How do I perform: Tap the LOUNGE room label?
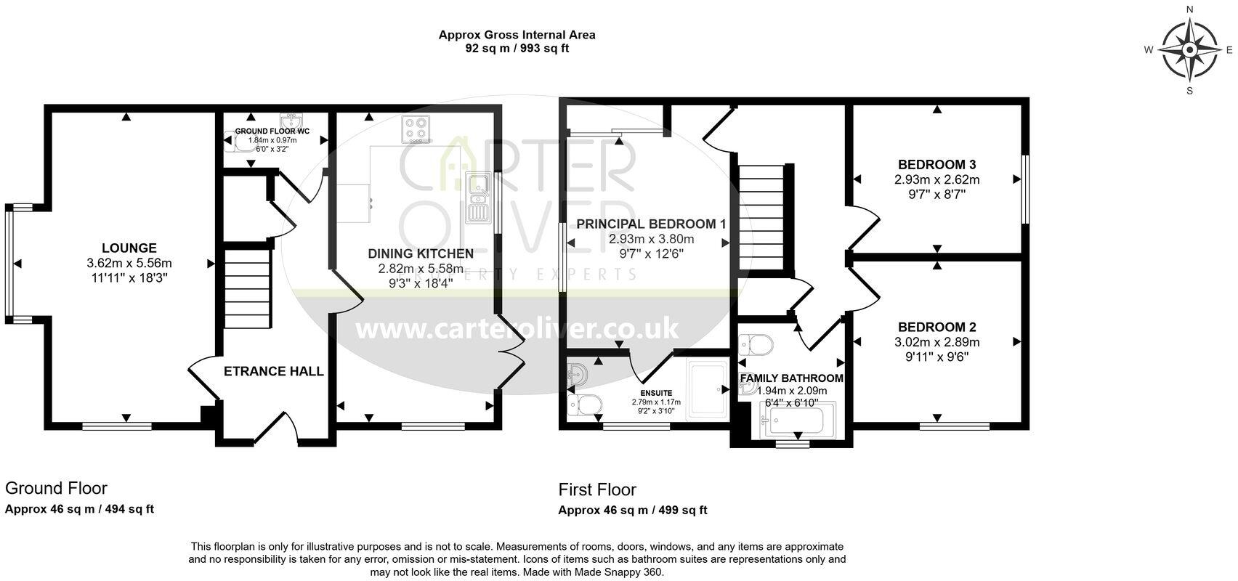(x=129, y=248)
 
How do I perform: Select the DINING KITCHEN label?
(x=421, y=253)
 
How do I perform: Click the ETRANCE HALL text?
(x=273, y=371)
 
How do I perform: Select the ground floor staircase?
(x=246, y=290)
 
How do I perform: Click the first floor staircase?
(x=762, y=217)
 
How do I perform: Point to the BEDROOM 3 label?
(x=936, y=164)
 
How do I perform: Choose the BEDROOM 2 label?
(x=936, y=327)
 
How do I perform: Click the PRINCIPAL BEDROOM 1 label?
(x=651, y=224)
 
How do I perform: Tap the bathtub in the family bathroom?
(x=798, y=421)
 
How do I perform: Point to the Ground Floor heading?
(x=56, y=488)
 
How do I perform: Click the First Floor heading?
(x=596, y=489)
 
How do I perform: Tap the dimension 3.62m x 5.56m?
(x=129, y=263)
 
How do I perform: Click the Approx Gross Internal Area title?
(x=517, y=34)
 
